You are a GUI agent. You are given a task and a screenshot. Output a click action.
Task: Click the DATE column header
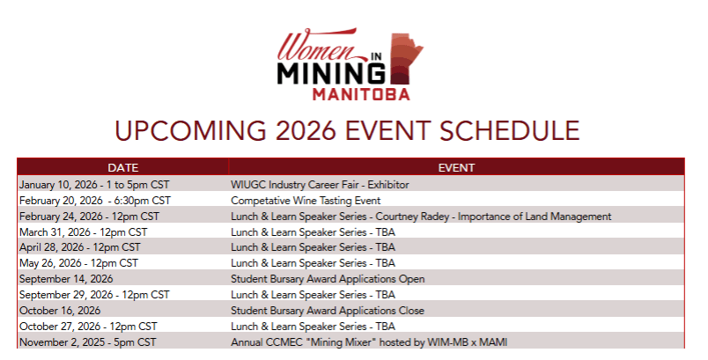[x=122, y=168]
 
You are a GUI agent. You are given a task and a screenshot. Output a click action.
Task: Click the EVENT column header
[x=456, y=168]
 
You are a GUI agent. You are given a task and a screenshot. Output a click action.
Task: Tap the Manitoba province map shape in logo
[x=406, y=59]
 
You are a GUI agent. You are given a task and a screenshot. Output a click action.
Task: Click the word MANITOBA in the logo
[x=361, y=94]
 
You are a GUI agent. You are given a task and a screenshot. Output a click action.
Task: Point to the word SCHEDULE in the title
[x=509, y=131]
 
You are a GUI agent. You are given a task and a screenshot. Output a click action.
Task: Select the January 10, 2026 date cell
[x=94, y=185]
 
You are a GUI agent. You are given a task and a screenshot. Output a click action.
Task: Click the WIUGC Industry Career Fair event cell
[x=320, y=185]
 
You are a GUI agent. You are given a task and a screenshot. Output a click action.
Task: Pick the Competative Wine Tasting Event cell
[x=306, y=201]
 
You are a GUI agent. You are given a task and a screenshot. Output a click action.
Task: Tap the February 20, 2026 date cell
[x=95, y=201]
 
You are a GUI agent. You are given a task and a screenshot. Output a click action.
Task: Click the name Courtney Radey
[x=412, y=217]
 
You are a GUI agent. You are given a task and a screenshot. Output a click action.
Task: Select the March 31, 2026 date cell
[x=83, y=232]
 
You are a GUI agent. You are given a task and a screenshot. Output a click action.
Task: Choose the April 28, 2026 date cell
[x=80, y=247]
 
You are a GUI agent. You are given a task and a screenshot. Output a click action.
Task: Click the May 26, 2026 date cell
[x=78, y=263]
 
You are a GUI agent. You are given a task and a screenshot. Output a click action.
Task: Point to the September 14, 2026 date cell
[x=66, y=279]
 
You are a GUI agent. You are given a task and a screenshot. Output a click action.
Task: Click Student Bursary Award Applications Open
[x=328, y=279]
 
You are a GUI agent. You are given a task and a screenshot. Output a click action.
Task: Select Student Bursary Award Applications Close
[x=328, y=311]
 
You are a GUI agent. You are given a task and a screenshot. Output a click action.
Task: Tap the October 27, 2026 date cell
[x=88, y=327]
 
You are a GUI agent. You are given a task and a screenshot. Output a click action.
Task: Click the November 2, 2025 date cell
[x=87, y=342]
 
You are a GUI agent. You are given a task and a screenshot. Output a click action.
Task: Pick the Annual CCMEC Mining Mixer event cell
[x=369, y=342]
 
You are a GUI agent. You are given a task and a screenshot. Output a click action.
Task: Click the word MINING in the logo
[x=331, y=74]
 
